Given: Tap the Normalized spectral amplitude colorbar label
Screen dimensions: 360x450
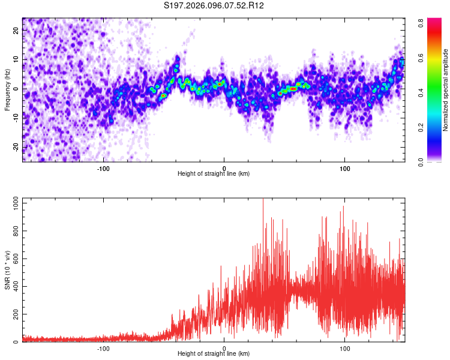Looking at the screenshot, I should [x=446, y=90].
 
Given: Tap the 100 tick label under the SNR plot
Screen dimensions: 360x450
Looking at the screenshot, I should [x=345, y=347].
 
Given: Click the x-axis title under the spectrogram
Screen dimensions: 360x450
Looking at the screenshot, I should [x=214, y=174].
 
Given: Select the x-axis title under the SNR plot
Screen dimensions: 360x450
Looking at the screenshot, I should [x=214, y=354].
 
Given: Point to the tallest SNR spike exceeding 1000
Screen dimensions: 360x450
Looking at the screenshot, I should [x=263, y=200].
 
